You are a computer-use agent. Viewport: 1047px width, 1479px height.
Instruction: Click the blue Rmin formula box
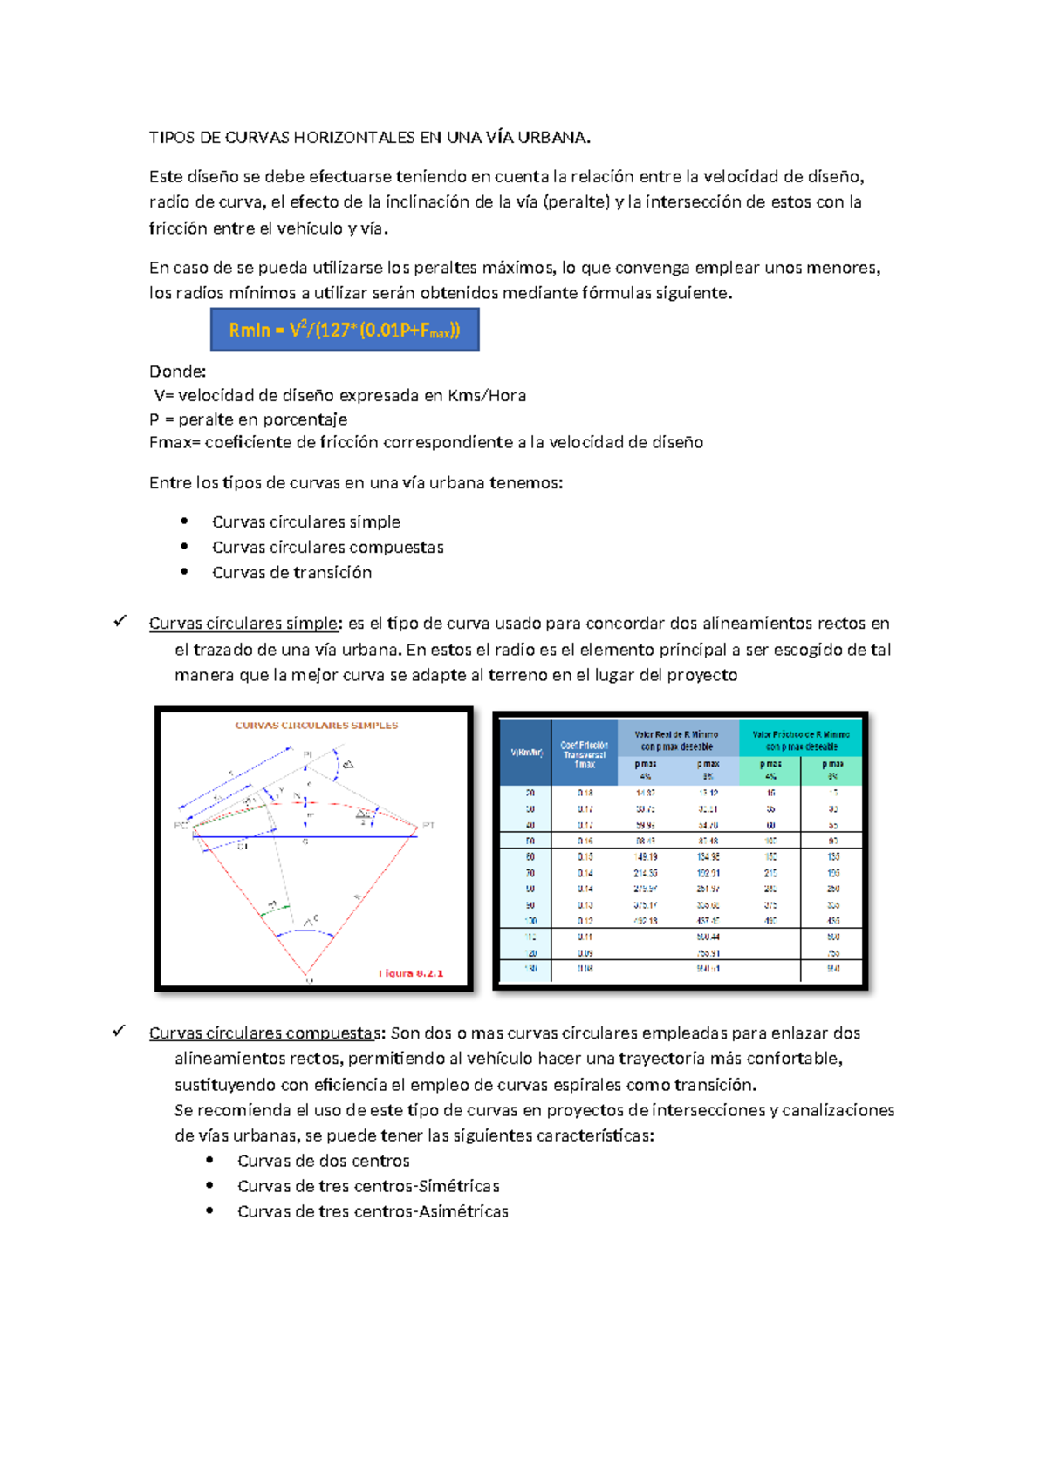pos(345,330)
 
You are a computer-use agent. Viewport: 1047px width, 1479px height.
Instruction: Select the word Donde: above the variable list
pos(177,371)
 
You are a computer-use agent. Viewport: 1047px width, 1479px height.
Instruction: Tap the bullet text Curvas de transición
pos(291,572)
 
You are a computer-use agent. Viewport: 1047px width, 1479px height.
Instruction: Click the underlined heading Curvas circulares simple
pos(243,623)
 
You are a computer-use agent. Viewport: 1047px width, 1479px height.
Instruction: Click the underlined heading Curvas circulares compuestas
pos(265,1033)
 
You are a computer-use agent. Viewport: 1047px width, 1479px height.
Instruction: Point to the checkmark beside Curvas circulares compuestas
pos(120,1031)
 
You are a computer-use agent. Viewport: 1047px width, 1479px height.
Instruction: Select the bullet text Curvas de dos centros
pos(323,1161)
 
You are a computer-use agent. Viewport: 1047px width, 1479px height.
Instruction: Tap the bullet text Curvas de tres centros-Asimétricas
pos(373,1211)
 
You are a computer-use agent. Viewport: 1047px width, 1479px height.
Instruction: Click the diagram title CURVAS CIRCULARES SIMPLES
pos(316,725)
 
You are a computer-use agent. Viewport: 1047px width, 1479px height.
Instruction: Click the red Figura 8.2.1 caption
pos(411,973)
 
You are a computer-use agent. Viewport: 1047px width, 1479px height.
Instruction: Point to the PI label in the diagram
pos(307,753)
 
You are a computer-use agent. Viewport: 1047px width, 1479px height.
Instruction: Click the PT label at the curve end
pos(428,825)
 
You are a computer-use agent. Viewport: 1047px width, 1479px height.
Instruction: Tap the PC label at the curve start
pos(181,826)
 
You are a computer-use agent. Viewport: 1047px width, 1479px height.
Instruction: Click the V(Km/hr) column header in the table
pos(526,753)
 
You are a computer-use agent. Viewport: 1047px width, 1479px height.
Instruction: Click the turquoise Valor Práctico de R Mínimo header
pos(800,740)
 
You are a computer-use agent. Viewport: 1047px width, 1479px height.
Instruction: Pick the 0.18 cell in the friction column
pos(585,793)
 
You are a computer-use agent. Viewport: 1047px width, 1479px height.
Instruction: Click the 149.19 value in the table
pos(646,856)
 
